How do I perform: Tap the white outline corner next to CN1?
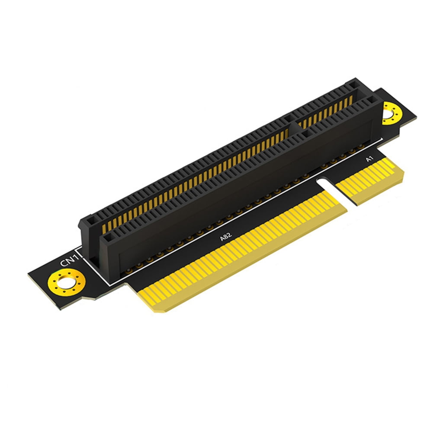(x=77, y=249)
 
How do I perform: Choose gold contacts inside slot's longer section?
(x=195, y=182)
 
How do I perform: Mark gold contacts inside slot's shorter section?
(x=324, y=113)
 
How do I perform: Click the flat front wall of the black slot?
(x=242, y=182)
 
